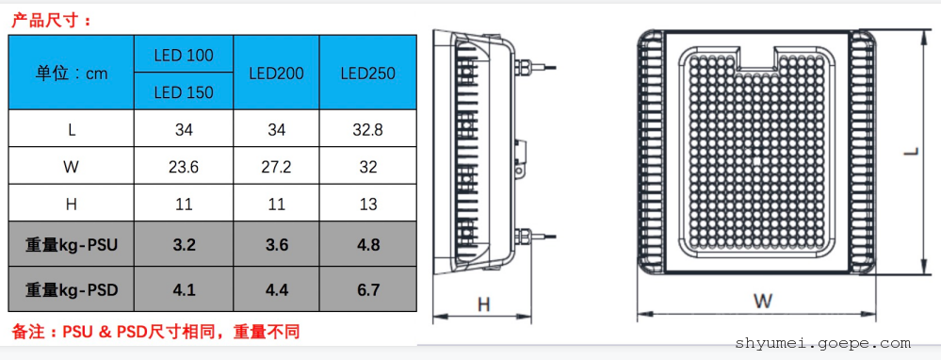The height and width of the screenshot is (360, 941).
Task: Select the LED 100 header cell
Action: [184, 56]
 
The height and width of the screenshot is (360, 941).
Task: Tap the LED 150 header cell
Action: [184, 91]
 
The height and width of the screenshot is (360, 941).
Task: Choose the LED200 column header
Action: [276, 74]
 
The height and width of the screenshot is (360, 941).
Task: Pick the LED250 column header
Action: [368, 74]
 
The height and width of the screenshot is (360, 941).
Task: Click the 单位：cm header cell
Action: [72, 74]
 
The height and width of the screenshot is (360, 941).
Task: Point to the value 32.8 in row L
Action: [368, 129]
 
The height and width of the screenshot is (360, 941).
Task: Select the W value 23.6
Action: [184, 166]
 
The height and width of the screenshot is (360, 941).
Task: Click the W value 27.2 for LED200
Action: [276, 166]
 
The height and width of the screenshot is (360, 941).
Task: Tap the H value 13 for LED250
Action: [368, 204]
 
